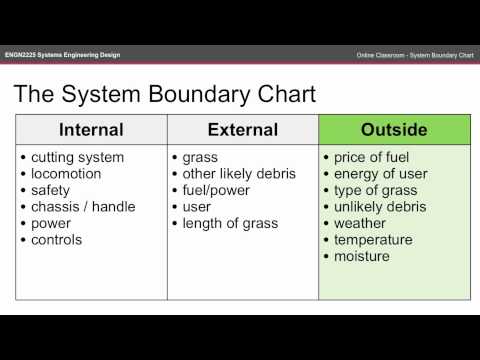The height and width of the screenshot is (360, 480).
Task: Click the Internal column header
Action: [x=91, y=130]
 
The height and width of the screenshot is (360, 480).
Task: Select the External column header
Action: [x=242, y=130]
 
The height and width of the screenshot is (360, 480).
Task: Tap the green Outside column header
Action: [x=393, y=130]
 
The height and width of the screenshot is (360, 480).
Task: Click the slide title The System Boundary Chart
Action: [x=164, y=95]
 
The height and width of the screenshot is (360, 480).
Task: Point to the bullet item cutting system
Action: [x=77, y=157]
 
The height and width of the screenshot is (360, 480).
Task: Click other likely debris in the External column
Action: [x=239, y=174]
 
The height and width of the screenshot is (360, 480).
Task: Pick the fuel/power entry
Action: [x=218, y=190]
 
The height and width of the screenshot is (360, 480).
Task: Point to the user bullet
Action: [x=198, y=207]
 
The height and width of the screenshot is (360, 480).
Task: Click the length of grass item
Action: [x=230, y=223]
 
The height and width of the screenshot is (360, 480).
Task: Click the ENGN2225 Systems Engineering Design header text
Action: [x=61, y=53]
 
